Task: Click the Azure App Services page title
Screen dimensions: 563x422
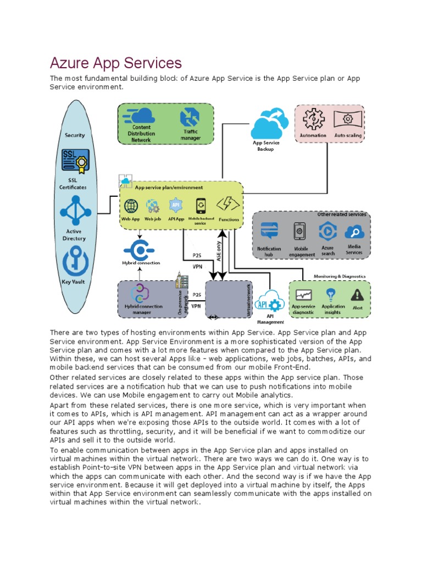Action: tap(116, 63)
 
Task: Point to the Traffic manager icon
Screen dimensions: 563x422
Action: tap(190, 118)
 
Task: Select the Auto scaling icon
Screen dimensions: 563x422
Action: tap(347, 119)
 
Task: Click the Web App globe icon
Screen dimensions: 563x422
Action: tap(131, 206)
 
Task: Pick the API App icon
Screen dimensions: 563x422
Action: tap(176, 206)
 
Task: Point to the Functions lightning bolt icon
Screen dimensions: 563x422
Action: tap(227, 205)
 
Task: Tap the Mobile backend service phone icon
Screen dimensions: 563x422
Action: tap(201, 205)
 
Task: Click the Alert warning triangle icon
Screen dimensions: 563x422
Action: tap(357, 295)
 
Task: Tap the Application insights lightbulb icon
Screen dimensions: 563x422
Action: tap(331, 294)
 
